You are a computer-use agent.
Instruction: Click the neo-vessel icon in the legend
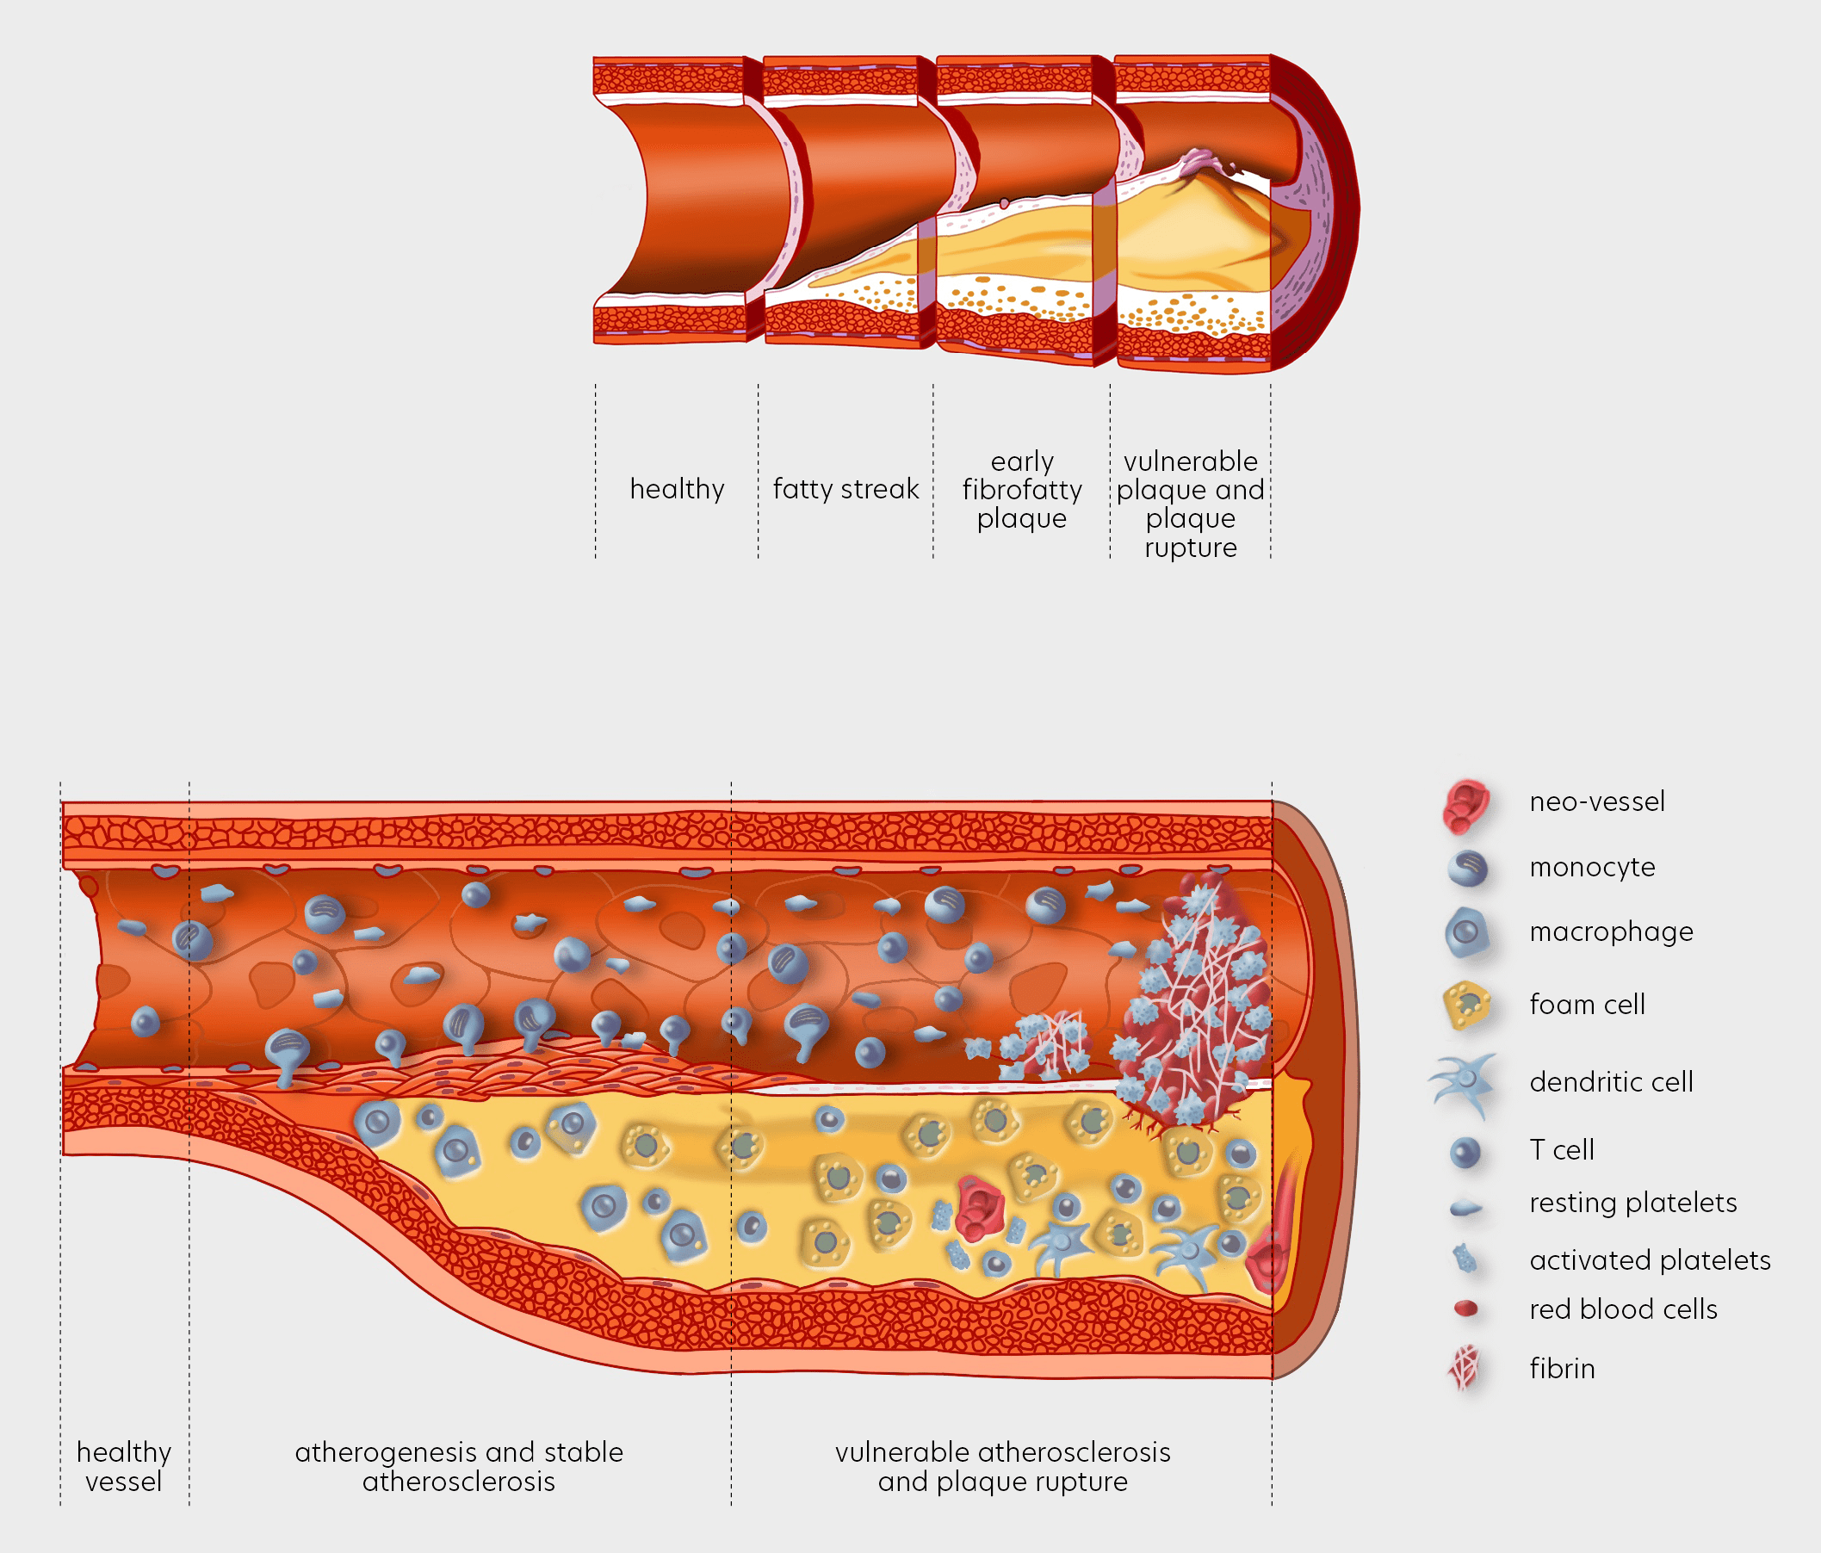pyautogui.click(x=1466, y=805)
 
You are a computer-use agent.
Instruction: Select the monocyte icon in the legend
pyautogui.click(x=1467, y=869)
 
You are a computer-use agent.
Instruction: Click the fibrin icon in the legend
pyautogui.click(x=1465, y=1368)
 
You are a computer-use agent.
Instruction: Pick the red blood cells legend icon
pyautogui.click(x=1466, y=1309)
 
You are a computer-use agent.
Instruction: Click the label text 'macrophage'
pyautogui.click(x=1610, y=931)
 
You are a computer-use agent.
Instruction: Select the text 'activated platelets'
pyautogui.click(x=1649, y=1260)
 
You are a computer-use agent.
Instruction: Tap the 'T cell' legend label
pyautogui.click(x=1561, y=1149)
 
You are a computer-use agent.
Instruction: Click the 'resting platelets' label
pyautogui.click(x=1632, y=1203)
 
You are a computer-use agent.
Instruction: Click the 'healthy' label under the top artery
pyautogui.click(x=677, y=489)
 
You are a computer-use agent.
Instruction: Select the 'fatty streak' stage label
pyautogui.click(x=845, y=489)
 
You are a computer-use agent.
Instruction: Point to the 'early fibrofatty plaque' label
pyautogui.click(x=1021, y=490)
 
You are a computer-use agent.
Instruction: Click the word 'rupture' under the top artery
pyautogui.click(x=1190, y=548)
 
